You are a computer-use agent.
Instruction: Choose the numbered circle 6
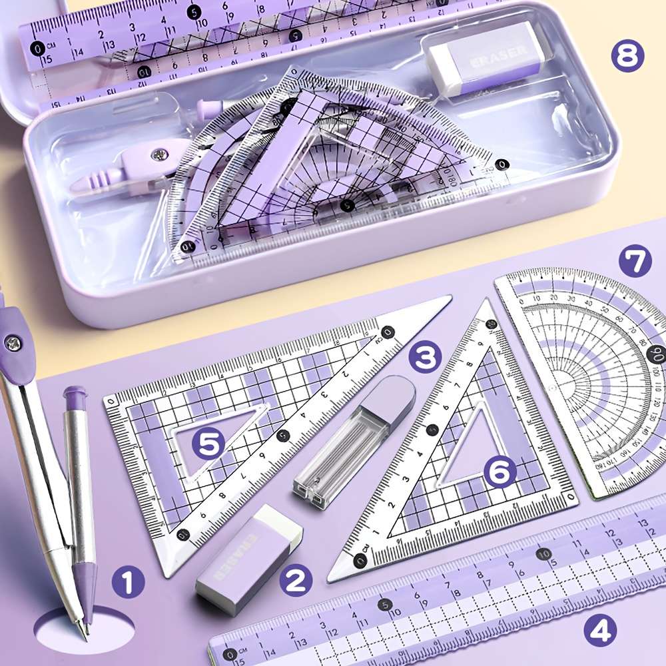500,472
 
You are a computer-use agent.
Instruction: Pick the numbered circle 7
635,262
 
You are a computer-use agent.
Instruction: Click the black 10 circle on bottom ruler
544,553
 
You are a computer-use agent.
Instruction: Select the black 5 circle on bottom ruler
384,605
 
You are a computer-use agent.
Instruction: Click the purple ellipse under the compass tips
83,629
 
